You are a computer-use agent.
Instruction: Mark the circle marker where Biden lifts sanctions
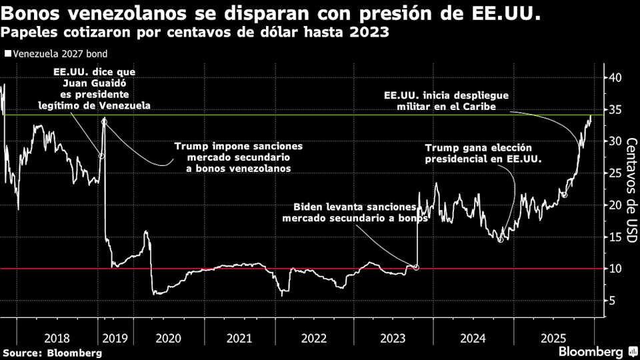tap(417, 267)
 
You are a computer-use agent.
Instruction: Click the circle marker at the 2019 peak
tap(104, 121)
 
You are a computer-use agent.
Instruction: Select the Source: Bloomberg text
tap(52, 351)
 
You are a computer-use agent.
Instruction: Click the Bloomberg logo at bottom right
tap(595, 351)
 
